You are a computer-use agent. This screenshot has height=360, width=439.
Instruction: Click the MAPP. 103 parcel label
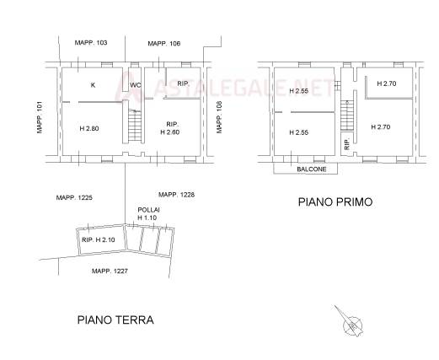click(91, 43)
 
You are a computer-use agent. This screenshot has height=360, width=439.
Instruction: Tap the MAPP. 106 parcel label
click(164, 44)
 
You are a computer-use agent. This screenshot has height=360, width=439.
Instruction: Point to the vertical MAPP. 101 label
click(40, 117)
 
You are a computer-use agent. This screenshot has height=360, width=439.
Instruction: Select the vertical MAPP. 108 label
click(219, 117)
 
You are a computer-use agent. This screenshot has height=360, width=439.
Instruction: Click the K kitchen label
click(93, 85)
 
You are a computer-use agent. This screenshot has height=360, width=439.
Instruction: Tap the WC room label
click(135, 85)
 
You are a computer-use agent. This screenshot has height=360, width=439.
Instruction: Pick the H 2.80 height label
click(89, 128)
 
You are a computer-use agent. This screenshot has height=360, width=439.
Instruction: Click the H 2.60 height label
click(170, 132)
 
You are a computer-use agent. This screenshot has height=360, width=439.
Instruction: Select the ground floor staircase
click(135, 125)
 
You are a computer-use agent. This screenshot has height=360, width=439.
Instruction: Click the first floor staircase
click(347, 116)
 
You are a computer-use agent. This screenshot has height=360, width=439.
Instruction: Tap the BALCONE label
click(312, 169)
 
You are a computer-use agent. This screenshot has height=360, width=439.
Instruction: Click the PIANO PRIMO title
click(335, 201)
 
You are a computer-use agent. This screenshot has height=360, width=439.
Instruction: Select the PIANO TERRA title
click(115, 320)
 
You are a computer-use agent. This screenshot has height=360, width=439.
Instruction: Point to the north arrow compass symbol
click(350, 323)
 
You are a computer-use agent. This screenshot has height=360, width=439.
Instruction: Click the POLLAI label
click(148, 210)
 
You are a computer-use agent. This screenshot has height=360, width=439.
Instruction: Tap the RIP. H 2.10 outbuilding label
click(99, 240)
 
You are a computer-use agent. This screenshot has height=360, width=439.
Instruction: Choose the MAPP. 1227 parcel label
click(110, 271)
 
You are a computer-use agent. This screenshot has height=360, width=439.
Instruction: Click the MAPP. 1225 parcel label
click(74, 197)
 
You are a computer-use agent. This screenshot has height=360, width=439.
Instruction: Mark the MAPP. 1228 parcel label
click(176, 195)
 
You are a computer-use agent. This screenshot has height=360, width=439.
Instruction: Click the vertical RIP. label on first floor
click(347, 144)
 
